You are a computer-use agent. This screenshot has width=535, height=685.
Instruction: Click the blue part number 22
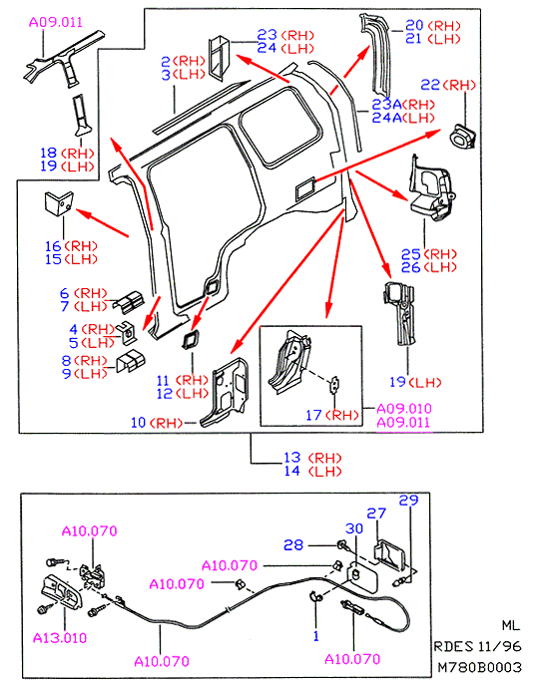click(x=430, y=85)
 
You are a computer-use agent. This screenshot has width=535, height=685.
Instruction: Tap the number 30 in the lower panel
click(x=354, y=528)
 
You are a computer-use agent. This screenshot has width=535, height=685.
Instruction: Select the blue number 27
click(x=376, y=514)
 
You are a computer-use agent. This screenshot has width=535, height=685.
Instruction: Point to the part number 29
click(x=408, y=501)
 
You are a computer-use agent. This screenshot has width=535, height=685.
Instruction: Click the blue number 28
click(x=293, y=544)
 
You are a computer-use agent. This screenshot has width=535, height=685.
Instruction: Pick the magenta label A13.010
click(x=60, y=638)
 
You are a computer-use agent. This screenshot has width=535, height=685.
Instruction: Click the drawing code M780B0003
click(x=480, y=667)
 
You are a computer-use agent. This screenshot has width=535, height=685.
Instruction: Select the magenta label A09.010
click(x=404, y=409)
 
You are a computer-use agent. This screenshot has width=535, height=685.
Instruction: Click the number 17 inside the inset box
click(x=313, y=415)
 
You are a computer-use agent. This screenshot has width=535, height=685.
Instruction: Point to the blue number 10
click(x=138, y=423)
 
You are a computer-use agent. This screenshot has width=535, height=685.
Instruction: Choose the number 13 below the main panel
click(x=292, y=458)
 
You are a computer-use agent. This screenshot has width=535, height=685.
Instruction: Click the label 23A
click(x=386, y=105)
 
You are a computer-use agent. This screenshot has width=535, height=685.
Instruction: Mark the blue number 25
click(x=411, y=254)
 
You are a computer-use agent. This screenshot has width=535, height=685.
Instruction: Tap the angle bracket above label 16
click(x=59, y=203)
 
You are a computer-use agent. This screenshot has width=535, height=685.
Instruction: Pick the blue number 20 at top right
click(x=413, y=25)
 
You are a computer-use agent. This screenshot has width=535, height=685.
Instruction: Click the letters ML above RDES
click(x=510, y=625)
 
